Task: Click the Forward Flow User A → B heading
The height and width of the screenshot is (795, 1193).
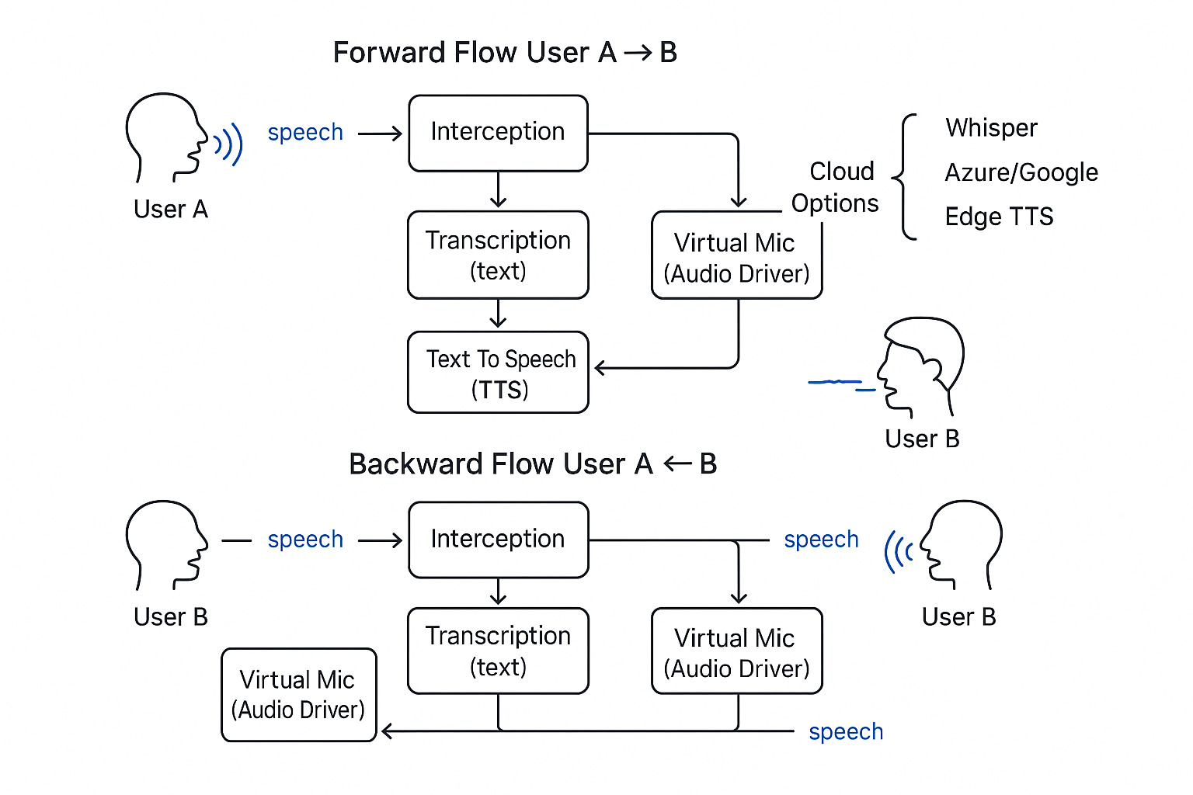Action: tap(505, 53)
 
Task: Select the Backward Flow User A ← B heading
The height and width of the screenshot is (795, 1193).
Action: tap(533, 464)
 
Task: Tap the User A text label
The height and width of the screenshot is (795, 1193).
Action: tap(171, 210)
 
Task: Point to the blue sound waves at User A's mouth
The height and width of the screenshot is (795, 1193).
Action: tap(229, 144)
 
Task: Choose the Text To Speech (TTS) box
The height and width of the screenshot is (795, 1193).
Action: tap(498, 373)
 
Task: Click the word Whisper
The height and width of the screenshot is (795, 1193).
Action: tap(991, 128)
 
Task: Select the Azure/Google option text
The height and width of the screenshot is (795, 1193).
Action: tap(1021, 172)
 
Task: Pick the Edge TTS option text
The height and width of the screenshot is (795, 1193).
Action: tap(999, 217)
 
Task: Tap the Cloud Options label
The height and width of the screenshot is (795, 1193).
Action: tap(836, 187)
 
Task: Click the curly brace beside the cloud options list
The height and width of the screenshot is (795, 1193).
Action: tap(905, 177)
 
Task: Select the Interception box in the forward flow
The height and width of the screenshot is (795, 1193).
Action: tap(498, 133)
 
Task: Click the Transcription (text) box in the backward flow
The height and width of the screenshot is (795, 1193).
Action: tap(498, 651)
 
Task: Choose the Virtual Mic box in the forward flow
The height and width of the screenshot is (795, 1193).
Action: tap(736, 257)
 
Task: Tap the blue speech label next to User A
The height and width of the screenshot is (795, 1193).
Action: tap(305, 133)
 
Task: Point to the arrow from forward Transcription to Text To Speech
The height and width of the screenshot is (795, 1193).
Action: tap(498, 314)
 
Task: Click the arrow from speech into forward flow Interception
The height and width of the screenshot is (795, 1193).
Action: tap(381, 134)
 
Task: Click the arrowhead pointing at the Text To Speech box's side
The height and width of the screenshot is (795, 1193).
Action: tap(600, 368)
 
